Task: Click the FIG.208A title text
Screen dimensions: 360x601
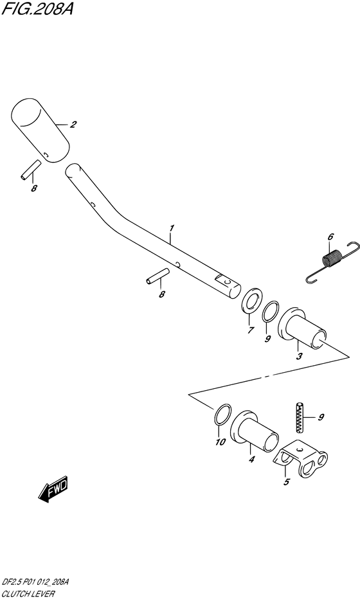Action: [x=37, y=8]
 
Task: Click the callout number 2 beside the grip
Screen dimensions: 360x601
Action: [x=73, y=124]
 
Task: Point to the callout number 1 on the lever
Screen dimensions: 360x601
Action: [x=172, y=228]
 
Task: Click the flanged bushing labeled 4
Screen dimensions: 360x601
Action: [x=254, y=431]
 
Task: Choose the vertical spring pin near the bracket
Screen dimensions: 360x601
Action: [x=300, y=418]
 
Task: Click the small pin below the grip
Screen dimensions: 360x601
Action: [x=30, y=169]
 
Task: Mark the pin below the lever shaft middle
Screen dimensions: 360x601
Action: [x=157, y=276]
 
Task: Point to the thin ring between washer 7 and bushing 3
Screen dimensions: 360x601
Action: [x=271, y=311]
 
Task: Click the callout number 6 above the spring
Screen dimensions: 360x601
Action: [x=330, y=237]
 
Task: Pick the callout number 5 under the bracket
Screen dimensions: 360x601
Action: [x=286, y=482]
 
